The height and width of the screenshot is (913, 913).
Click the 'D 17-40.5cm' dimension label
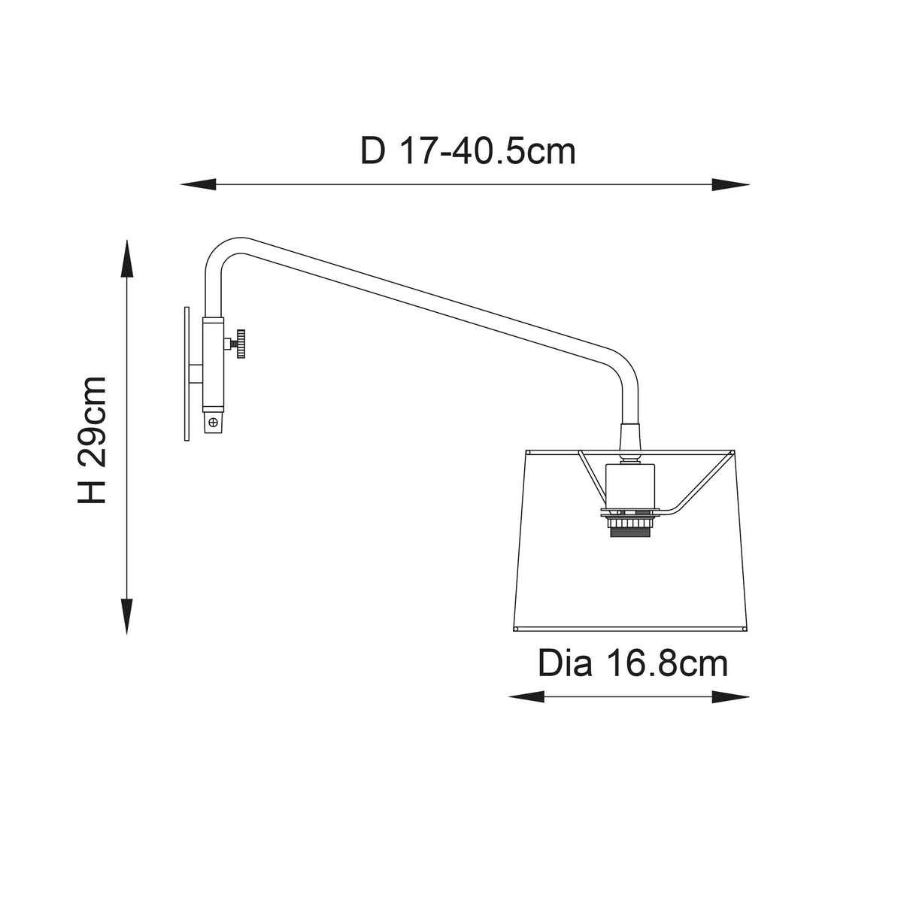(468, 151)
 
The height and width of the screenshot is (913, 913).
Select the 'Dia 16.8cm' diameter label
(632, 664)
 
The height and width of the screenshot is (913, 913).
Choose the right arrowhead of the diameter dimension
(731, 698)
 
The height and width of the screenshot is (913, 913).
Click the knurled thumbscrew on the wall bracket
(241, 344)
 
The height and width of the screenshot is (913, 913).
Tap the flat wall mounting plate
(186, 373)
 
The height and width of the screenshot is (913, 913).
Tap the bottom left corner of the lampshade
(513, 629)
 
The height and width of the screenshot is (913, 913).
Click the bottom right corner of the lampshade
(745, 629)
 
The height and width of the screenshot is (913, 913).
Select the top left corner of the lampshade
(526, 452)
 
